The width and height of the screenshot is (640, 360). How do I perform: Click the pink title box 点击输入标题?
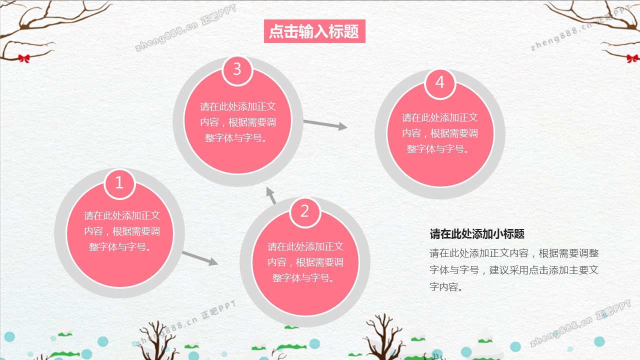click(314, 31)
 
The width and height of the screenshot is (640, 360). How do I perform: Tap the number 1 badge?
click(119, 183)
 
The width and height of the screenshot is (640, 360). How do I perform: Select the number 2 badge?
click(304, 211)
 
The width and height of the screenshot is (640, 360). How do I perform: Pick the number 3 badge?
click(237, 69)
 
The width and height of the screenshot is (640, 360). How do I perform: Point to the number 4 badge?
click(440, 82)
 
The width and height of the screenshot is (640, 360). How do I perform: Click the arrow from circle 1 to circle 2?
click(199, 258)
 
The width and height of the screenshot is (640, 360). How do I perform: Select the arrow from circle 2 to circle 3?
click(271, 195)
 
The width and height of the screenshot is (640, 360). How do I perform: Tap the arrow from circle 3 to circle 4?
click(325, 124)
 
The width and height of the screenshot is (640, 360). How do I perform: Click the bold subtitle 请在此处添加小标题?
click(477, 234)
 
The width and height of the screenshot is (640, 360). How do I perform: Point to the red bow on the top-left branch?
click(23, 58)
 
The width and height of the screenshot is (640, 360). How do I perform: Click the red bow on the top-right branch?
click(632, 58)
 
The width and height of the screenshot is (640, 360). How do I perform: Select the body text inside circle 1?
click(121, 231)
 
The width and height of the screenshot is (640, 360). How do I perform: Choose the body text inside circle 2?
click(305, 262)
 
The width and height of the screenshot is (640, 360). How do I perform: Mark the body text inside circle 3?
click(238, 122)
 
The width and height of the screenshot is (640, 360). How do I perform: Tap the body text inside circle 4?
click(440, 133)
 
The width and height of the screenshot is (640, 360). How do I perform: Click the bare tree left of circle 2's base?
click(156, 340)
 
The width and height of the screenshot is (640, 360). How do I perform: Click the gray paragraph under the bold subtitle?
click(514, 270)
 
